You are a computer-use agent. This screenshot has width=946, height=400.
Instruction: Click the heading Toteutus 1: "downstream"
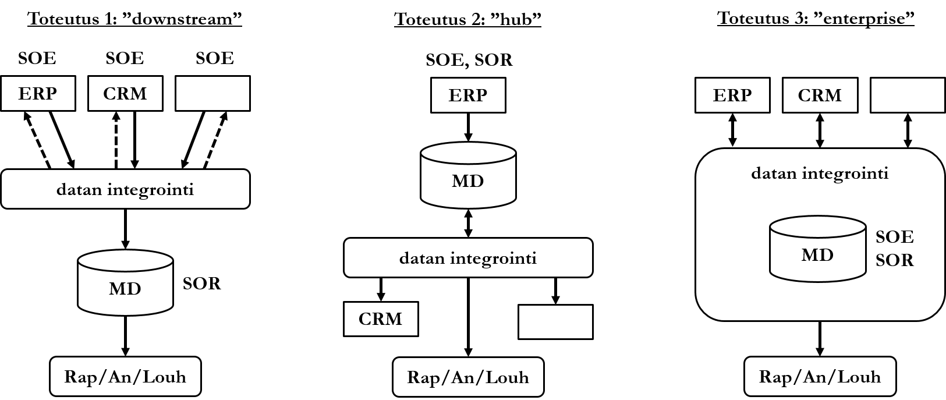tap(134, 19)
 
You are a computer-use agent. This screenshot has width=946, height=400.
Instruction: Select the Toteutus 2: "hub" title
tap(468, 19)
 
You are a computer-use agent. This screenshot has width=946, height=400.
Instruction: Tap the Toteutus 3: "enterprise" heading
tap(816, 18)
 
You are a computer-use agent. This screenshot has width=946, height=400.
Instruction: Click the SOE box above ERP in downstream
tap(37, 58)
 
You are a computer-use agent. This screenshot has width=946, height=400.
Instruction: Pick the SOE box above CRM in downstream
tap(125, 58)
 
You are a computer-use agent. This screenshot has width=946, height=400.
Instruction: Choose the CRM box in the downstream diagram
tap(125, 94)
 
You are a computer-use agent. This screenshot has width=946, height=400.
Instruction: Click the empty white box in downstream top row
tap(212, 94)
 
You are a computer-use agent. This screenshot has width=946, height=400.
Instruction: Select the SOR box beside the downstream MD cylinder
tap(202, 284)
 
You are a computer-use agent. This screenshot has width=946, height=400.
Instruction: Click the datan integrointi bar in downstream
tap(125, 189)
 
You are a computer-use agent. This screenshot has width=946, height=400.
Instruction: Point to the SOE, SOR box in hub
tap(469, 60)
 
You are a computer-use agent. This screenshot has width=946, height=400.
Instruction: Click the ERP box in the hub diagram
tap(468, 95)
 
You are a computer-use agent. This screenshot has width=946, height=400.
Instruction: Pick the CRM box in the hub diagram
tap(381, 319)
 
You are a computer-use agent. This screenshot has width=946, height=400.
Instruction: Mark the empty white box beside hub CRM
tap(555, 321)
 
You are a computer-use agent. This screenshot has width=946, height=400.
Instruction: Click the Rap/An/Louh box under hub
tap(468, 377)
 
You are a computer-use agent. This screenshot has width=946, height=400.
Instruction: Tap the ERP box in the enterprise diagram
tap(732, 95)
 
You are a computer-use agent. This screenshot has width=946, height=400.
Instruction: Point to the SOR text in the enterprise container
tap(895, 260)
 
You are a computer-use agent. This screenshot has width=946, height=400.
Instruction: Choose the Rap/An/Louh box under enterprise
tap(820, 377)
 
